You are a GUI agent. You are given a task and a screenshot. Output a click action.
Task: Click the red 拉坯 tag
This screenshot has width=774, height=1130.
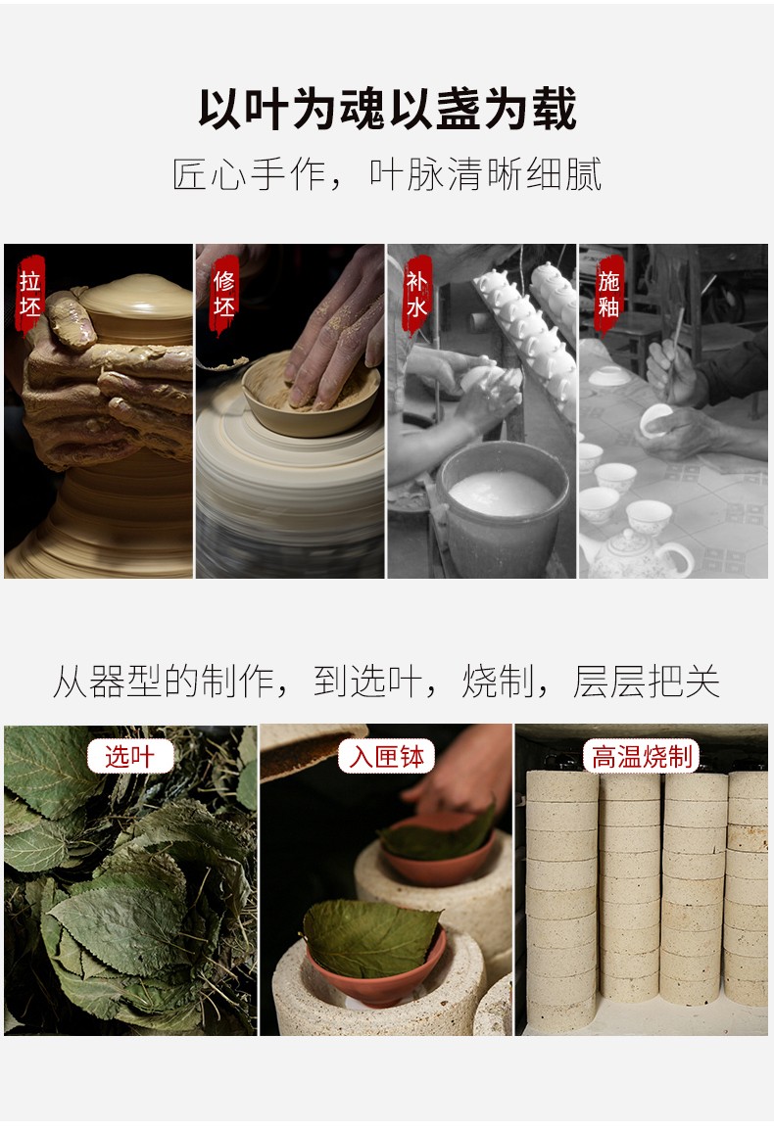click(x=31, y=293)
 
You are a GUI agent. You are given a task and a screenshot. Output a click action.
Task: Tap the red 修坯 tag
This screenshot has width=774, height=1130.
click(x=224, y=293)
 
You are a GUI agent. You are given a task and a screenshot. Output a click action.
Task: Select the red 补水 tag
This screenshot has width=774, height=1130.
click(x=417, y=293)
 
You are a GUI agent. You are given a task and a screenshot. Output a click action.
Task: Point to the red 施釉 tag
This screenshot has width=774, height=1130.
click(x=609, y=293)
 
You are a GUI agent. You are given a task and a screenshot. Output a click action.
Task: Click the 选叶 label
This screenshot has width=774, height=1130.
click(x=129, y=756)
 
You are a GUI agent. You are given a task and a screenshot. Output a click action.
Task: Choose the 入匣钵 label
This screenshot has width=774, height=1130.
click(x=386, y=756)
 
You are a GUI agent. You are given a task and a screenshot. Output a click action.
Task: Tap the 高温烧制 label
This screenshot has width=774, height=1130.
click(x=642, y=756)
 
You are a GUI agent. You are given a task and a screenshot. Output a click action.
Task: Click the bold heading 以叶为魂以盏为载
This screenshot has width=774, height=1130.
click(x=387, y=109)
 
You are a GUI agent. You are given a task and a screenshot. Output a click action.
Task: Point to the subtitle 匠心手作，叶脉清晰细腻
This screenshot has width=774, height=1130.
click(x=387, y=174)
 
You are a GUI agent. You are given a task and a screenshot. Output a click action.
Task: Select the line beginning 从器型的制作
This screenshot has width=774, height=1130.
click(x=387, y=682)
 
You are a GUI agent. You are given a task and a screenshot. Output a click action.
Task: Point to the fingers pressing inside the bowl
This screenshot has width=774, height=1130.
click(x=338, y=343)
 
